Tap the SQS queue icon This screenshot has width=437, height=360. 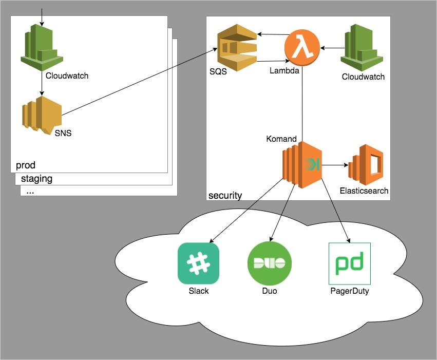click(236, 49)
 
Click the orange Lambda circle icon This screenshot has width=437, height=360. click(302, 48)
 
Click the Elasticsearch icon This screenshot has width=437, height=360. click(366, 165)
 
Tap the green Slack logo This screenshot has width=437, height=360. click(198, 263)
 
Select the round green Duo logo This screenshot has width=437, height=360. click(270, 263)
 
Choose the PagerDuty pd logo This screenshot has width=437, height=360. click(349, 263)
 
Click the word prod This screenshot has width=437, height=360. click(26, 165)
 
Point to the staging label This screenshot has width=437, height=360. click(36, 179)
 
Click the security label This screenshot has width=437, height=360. click(225, 195)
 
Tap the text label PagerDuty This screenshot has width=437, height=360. click(349, 291)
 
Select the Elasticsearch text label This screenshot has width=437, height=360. click(364, 191)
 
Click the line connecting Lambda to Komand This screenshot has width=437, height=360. click(302, 103)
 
